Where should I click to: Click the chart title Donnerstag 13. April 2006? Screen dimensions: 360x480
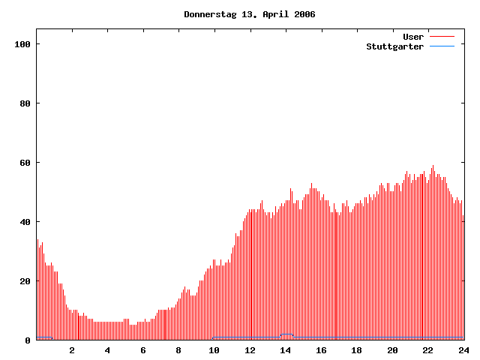[249, 14]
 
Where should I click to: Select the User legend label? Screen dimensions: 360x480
[413, 37]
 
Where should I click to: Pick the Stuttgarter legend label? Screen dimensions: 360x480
[394, 46]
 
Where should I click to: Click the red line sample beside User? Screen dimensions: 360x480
[442, 37]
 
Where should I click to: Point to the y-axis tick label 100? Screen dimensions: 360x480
[22, 44]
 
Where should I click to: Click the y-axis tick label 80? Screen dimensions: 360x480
[24, 103]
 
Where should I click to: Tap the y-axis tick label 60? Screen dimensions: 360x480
[24, 163]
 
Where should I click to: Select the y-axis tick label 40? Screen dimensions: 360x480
[24, 222]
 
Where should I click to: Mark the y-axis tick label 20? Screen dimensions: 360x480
[24, 281]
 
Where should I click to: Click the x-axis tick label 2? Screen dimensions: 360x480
[72, 350]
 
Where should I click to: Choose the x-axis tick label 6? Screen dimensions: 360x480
[143, 350]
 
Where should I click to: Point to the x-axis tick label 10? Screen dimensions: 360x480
[214, 350]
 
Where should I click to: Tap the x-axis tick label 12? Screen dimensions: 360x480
[250, 350]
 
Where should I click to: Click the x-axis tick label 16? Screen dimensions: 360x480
[321, 350]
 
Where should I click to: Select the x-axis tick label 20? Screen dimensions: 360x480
[392, 350]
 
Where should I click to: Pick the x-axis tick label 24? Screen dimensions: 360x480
[463, 350]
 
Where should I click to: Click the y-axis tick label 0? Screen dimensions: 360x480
[27, 340]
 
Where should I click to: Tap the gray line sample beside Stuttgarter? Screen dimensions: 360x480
[442, 46]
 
